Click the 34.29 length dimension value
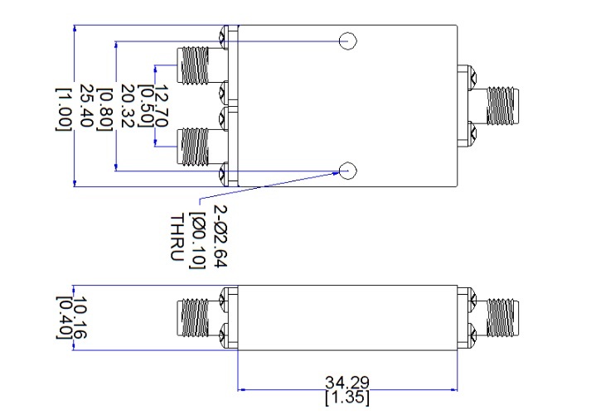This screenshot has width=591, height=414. click(x=347, y=383)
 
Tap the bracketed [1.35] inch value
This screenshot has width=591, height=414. click(x=347, y=398)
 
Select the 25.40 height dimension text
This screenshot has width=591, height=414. click(x=86, y=105)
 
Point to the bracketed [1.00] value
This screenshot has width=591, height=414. click(x=63, y=109)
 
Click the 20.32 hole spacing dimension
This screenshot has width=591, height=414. click(x=128, y=106)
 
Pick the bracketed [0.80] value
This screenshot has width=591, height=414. click(x=104, y=109)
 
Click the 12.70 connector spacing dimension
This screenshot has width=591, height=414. click(x=162, y=106)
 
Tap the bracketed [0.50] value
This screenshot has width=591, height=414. click(x=146, y=106)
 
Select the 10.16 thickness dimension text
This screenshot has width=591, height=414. click(x=80, y=317)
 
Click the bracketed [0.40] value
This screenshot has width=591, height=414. click(x=64, y=317)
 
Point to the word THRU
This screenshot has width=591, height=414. click(x=177, y=238)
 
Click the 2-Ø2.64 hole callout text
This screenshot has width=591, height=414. click(x=220, y=236)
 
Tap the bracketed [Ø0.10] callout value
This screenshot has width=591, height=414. click(x=197, y=240)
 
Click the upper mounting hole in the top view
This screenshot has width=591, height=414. click(x=348, y=41)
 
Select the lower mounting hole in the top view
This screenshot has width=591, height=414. click(x=348, y=171)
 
